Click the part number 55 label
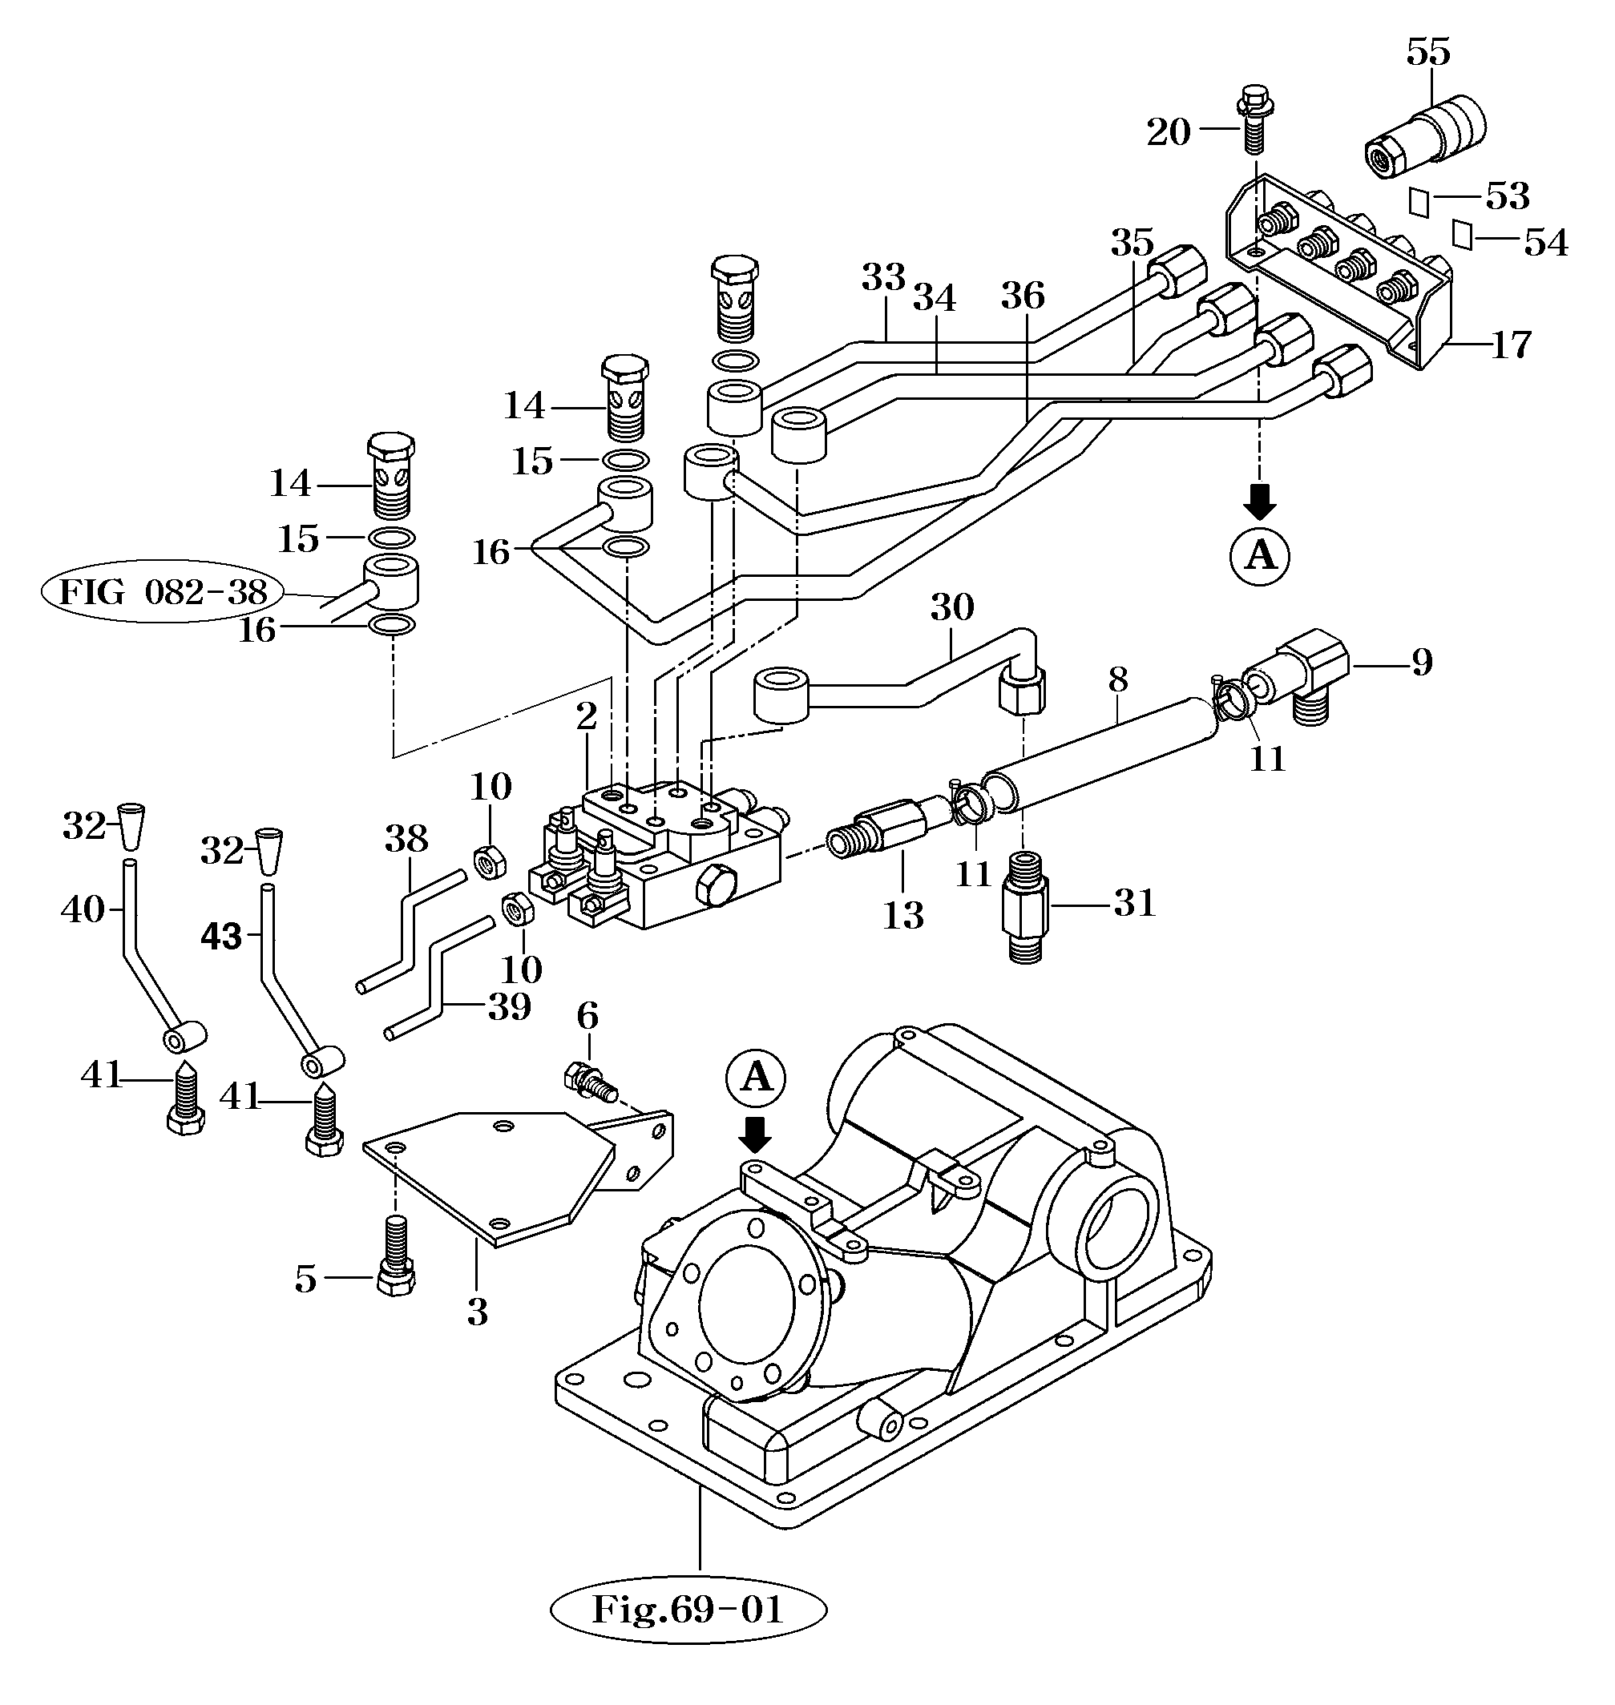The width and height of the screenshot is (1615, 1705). pyautogui.click(x=1428, y=54)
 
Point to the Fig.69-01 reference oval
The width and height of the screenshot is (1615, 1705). pyautogui.click(x=688, y=1610)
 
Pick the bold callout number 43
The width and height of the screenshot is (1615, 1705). pyautogui.click(x=221, y=936)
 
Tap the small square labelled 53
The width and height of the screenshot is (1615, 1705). pyautogui.click(x=1419, y=201)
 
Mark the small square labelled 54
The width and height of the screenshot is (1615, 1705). pyautogui.click(x=1461, y=234)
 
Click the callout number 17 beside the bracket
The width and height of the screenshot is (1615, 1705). pyautogui.click(x=1511, y=345)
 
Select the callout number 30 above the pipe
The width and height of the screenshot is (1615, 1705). pyautogui.click(x=951, y=607)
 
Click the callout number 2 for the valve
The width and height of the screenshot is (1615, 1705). pyautogui.click(x=586, y=716)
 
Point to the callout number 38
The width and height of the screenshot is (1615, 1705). pyautogui.click(x=406, y=837)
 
